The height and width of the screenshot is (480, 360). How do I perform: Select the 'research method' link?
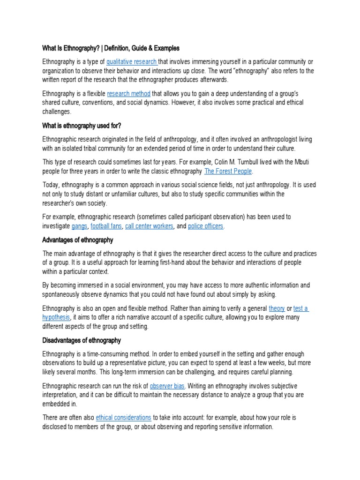coord(124,94)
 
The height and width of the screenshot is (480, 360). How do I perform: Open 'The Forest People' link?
coord(228,171)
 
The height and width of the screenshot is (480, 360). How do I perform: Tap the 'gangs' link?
coord(79,226)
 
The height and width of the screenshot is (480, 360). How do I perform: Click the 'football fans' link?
coord(106,226)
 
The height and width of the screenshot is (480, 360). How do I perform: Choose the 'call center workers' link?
coord(150,226)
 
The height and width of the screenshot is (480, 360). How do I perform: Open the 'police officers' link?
coord(205,226)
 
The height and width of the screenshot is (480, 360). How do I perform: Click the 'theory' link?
coord(277,308)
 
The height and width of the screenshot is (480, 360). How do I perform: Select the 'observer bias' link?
coord(167,386)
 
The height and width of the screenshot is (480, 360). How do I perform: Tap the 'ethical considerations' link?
coord(123,417)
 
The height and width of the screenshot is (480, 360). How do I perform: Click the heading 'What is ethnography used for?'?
coord(82,125)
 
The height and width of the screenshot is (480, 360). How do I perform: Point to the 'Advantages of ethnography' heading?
coord(78,240)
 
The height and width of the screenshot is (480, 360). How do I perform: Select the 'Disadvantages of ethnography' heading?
coord(82,340)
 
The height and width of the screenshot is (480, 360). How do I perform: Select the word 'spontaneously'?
coord(63,294)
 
